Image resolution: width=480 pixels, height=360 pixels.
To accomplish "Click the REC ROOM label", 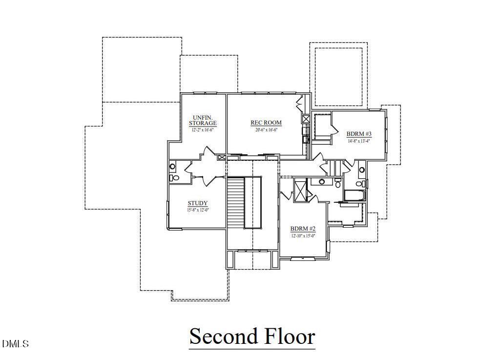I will pos(266,123).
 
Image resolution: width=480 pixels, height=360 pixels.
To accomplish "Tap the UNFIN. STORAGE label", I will pos(203,120).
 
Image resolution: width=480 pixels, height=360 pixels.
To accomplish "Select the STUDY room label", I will pos(198,203).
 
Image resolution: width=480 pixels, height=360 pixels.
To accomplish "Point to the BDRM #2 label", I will pos(303,229).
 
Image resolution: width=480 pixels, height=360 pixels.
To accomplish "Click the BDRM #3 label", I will pos(359,134).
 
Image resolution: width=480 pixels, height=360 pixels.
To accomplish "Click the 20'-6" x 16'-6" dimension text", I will pos(266,129).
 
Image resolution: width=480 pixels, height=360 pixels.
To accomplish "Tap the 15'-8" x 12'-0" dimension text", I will pos(198,210).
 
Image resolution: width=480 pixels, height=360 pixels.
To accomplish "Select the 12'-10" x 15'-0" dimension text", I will pos(303,235).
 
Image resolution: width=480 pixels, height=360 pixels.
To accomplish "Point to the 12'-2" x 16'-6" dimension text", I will pos(203,130).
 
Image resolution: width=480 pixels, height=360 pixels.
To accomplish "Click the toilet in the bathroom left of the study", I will pos(172,178).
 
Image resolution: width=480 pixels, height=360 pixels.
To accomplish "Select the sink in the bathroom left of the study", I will pos(172,167).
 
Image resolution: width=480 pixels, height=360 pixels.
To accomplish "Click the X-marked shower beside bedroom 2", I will pos(300,190).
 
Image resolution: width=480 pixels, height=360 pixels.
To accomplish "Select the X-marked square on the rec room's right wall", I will pos(306,119).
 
